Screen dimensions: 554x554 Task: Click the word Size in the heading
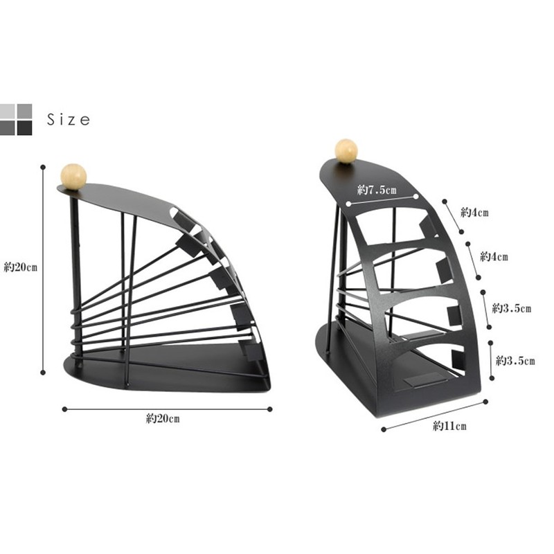pos(68,120)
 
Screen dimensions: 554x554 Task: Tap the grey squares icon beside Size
pos(17,119)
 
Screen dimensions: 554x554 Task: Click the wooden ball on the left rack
pos(73,175)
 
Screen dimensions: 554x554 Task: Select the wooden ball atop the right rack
pos(346,152)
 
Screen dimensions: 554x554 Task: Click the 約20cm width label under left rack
pos(163,418)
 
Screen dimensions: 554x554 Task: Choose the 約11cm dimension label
pos(449,426)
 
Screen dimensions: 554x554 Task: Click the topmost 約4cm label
pos(474,213)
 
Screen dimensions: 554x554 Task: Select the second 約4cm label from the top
pos(494,257)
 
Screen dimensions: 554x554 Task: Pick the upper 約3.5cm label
pos(511,307)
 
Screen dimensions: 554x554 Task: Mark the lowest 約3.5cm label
pos(516,361)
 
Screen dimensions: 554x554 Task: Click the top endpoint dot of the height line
pos(44,166)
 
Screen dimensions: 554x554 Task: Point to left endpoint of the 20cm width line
pos(64,409)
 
